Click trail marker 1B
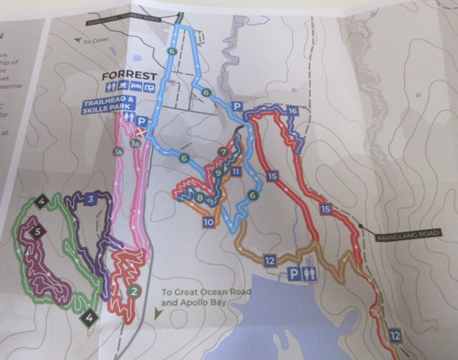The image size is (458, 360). pos(136,143)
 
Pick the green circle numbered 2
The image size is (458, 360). pos(135,291)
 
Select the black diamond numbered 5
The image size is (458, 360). pos(38,232)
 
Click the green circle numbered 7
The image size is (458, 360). pos(223,151)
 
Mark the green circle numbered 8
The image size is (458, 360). pos(201,198)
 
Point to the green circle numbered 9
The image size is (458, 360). pos(218,171)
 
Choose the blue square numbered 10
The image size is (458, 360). pos(209,222)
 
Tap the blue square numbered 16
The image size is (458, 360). pos(292,111)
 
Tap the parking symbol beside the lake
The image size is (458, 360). pos(295,273)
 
